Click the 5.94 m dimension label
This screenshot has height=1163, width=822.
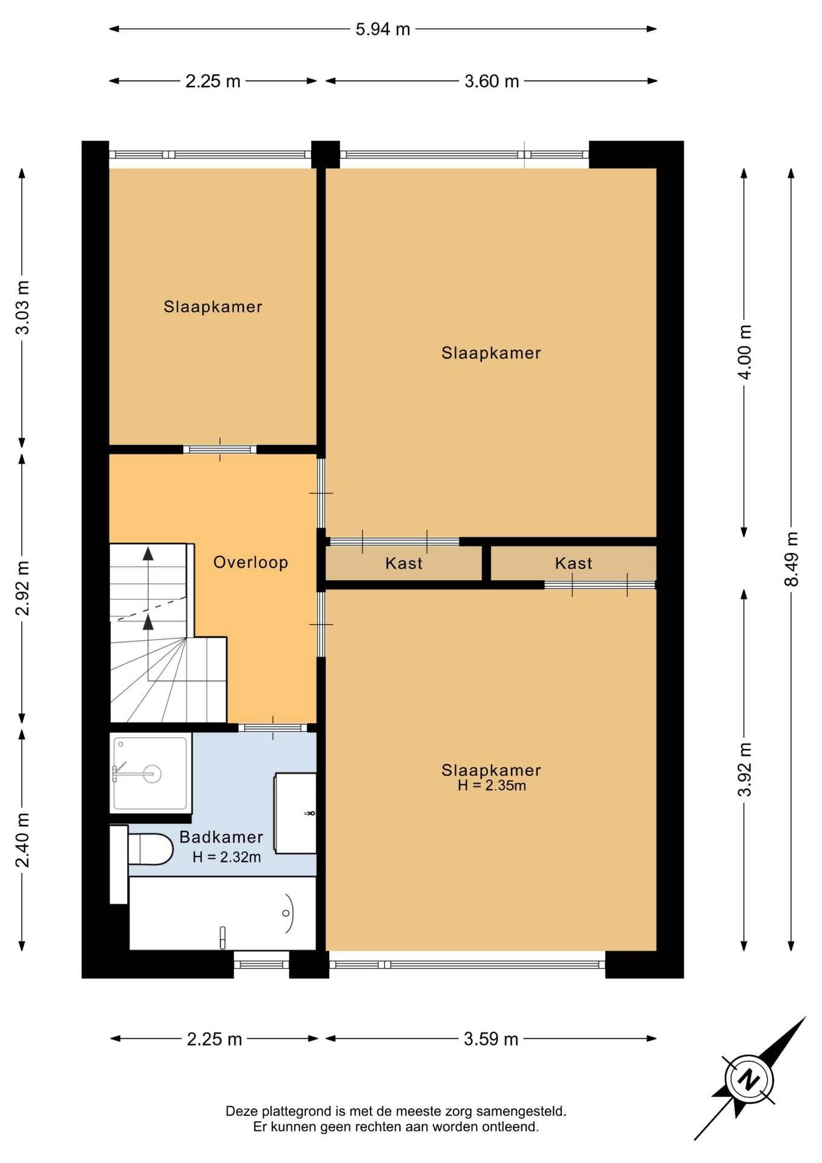tap(383, 29)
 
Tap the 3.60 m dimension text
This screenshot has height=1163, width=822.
tap(492, 81)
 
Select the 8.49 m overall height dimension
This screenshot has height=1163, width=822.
tap(791, 559)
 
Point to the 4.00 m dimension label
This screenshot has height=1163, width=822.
tap(745, 352)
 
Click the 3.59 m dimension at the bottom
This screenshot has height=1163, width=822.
tap(491, 1039)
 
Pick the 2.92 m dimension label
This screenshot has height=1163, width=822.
tap(22, 588)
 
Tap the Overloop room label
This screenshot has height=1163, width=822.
tap(251, 562)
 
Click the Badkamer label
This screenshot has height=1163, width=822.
tap(222, 837)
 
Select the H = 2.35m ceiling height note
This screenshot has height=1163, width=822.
tap(492, 786)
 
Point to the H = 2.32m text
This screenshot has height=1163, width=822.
tap(227, 857)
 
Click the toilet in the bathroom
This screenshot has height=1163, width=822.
tap(148, 849)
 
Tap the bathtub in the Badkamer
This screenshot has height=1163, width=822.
tap(223, 913)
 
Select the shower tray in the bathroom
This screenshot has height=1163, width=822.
tap(151, 773)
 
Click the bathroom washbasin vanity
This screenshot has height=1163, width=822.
tap(295, 813)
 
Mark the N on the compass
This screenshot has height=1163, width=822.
tap(749, 1079)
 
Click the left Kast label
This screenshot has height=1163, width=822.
tap(404, 563)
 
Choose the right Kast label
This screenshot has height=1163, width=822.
tap(574, 563)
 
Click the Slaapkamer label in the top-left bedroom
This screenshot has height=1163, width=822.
tap(213, 306)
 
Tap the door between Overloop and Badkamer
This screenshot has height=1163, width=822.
tap(273, 727)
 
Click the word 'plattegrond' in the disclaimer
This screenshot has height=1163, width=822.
tap(299, 1112)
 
